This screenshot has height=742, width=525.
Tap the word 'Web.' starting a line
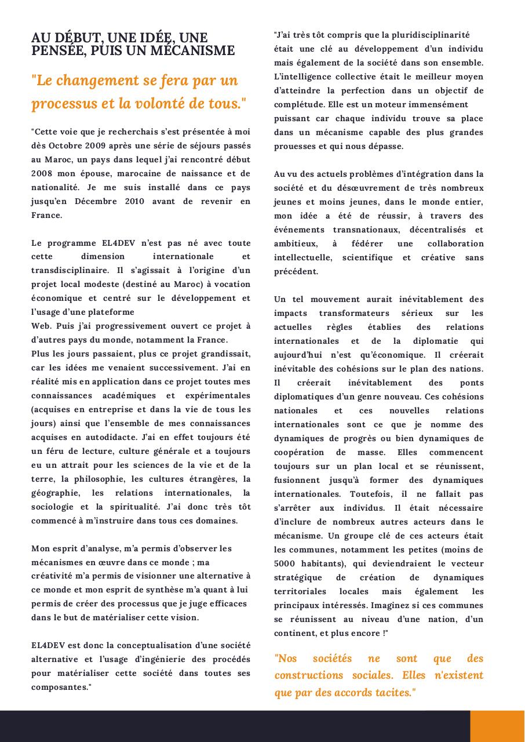point(41,326)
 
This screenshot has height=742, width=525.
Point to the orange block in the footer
point(497,726)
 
